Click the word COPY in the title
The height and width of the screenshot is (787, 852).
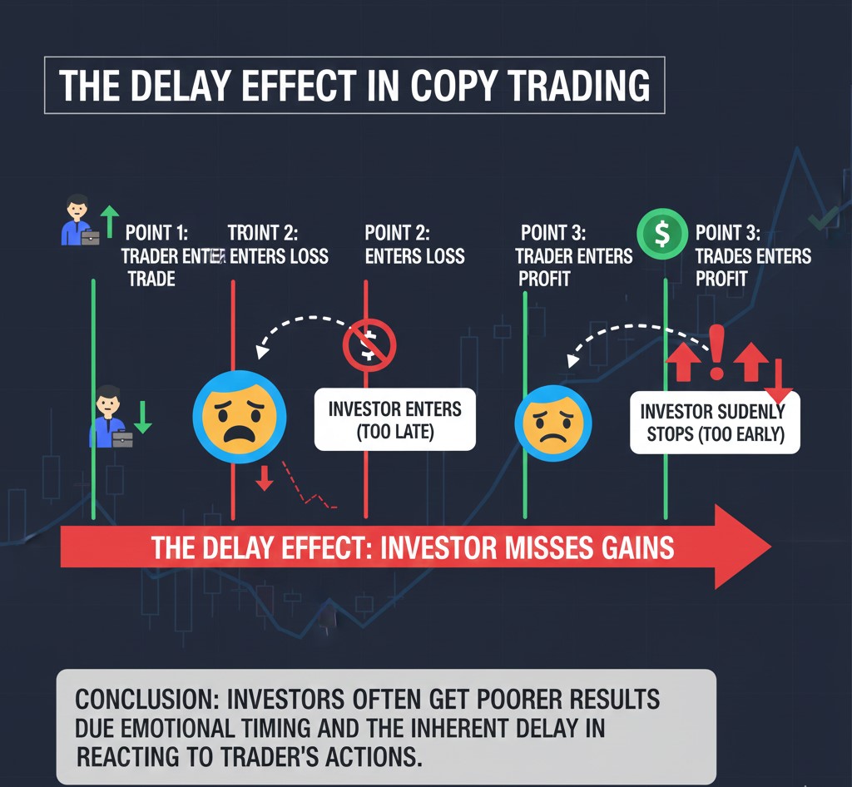click(x=453, y=86)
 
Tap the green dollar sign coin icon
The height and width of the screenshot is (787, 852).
click(x=662, y=234)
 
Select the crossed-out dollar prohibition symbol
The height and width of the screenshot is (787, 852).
click(x=369, y=345)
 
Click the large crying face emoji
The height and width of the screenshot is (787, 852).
click(x=240, y=417)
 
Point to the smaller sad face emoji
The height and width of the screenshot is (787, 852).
click(x=553, y=423)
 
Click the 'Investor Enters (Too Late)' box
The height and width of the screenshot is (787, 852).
click(x=395, y=419)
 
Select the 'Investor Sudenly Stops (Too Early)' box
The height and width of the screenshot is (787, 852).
click(x=715, y=423)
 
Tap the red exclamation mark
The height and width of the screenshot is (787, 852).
click(x=716, y=352)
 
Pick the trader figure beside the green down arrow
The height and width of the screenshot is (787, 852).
click(x=111, y=417)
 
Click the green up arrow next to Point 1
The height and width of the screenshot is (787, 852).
click(x=110, y=221)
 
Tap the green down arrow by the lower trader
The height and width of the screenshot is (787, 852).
click(x=142, y=417)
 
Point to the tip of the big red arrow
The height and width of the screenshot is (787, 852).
click(x=770, y=547)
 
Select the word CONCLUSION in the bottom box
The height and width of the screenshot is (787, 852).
click(x=146, y=699)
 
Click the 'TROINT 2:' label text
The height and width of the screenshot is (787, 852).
click(x=262, y=233)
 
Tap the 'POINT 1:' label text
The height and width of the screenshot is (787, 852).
click(x=156, y=233)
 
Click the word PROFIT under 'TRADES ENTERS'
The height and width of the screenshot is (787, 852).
click(x=721, y=279)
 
